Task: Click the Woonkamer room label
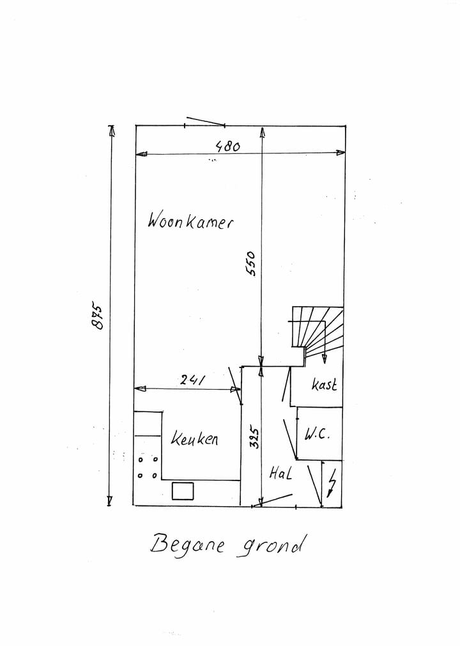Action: click(x=190, y=220)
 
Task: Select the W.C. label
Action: click(x=317, y=434)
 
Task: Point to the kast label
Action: click(x=324, y=384)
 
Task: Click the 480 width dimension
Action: click(x=227, y=146)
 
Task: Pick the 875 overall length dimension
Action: click(x=97, y=317)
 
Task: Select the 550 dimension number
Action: click(x=250, y=264)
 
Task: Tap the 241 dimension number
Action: click(x=192, y=380)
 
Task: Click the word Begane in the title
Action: click(x=187, y=544)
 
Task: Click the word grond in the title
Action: click(x=270, y=546)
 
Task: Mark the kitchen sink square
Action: click(x=183, y=491)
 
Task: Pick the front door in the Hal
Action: click(x=273, y=500)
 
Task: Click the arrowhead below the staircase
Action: click(x=325, y=359)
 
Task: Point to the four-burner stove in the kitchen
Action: click(x=148, y=467)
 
